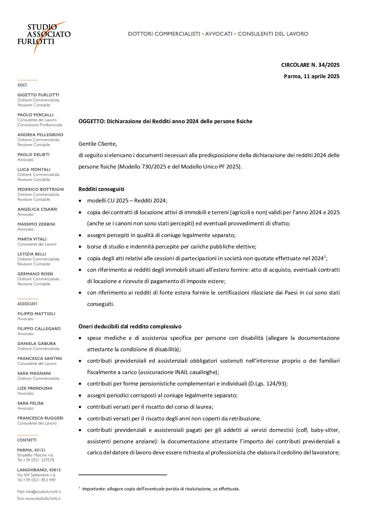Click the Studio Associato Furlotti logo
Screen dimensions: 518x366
point(44,35)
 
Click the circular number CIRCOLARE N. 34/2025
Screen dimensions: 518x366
point(310,65)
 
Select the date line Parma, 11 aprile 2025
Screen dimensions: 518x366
point(311,76)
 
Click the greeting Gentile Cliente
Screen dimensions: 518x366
point(98,144)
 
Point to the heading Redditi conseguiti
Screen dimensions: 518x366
point(101,189)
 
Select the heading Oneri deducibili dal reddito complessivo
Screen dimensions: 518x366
point(130,326)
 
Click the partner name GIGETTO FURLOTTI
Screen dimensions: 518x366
point(38,95)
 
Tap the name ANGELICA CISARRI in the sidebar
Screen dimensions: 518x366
point(37,209)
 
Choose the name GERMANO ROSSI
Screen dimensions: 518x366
point(35,274)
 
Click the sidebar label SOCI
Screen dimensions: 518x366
point(22,85)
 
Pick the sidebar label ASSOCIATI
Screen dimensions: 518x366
point(27,304)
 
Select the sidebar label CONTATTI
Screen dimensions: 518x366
point(27,440)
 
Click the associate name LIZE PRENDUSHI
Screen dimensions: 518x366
point(35,388)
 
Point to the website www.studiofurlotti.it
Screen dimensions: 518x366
point(43,498)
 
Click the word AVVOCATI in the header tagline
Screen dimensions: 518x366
point(219,34)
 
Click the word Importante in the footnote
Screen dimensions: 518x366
point(93,489)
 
